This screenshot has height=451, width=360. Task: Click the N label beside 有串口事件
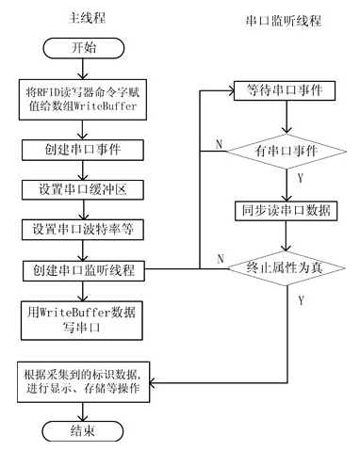point(219,144)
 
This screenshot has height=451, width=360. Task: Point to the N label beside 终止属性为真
point(219,258)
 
